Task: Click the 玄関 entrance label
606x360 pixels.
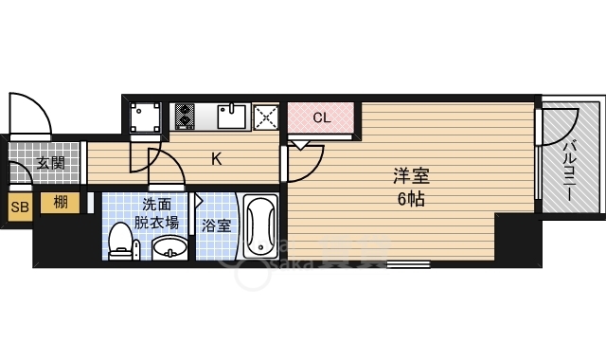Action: pos(50,163)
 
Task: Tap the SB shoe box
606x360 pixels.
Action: pos(20,207)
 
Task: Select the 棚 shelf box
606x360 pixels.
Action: pos(61,203)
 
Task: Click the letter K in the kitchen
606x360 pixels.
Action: pos(217,158)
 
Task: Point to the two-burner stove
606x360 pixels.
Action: pos(185,116)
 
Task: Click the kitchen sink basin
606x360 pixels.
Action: pos(231,116)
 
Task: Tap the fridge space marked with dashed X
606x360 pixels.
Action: pos(266,117)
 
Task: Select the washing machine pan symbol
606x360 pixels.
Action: pos(145,117)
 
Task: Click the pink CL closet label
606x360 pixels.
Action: pos(322,117)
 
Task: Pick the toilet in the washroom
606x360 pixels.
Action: pos(120,241)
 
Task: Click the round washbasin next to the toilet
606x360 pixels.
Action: pos(169,248)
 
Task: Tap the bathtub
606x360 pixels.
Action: pos(260,226)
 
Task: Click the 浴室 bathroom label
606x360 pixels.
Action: pos(216,225)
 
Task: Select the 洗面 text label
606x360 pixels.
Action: pos(157,204)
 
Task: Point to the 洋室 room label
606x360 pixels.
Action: pos(411,176)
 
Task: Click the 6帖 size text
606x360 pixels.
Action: pos(411,199)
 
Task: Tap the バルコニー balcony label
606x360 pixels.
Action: pos(569,171)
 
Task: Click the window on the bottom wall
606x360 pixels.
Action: pos(408,264)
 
